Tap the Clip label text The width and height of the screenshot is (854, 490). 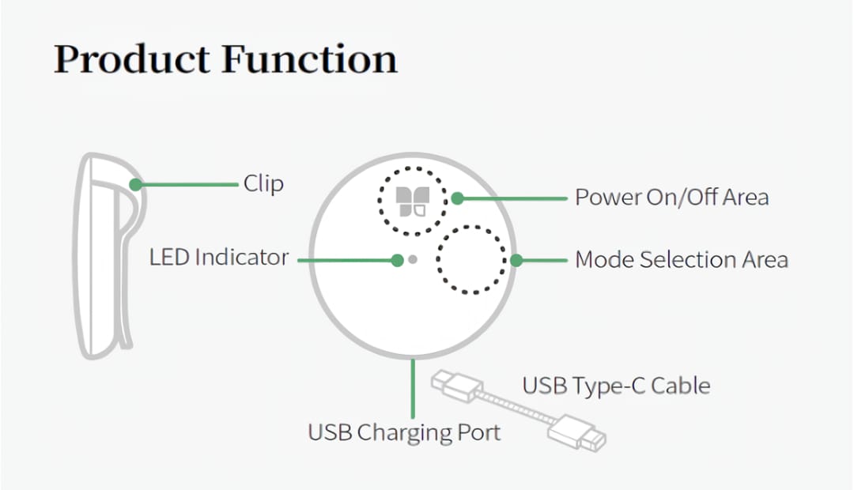[263, 184]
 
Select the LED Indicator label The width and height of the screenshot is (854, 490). [219, 258]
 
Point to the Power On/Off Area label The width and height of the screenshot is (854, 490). [672, 197]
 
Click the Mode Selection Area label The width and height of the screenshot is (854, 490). [682, 260]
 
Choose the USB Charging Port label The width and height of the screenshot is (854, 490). [404, 433]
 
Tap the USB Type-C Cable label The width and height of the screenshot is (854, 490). [617, 386]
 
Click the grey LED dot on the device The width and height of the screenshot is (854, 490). [413, 260]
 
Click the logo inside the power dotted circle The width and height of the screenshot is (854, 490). [413, 202]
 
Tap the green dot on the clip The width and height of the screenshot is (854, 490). [136, 185]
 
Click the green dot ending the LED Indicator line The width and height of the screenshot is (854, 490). [398, 260]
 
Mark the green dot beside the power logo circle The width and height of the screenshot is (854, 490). [458, 198]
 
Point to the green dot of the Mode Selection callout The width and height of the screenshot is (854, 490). [516, 260]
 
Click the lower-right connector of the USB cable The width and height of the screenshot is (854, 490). [577, 433]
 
